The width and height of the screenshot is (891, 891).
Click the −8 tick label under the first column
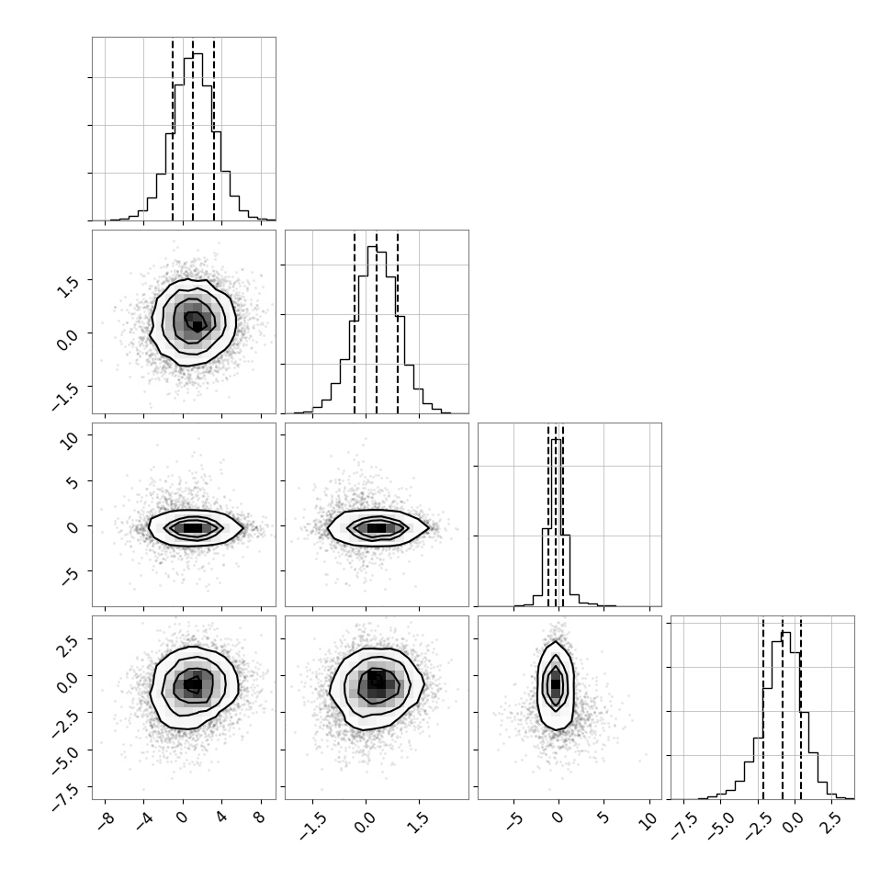click(105, 821)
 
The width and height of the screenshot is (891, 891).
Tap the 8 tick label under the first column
click(261, 818)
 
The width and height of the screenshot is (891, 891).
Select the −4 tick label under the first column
click(144, 821)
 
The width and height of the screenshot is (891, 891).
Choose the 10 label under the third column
click(648, 820)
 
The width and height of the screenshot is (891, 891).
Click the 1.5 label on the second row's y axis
click(67, 287)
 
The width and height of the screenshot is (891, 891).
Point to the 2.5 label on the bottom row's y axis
click(67, 645)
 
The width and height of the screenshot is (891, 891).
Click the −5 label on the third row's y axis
click(68, 577)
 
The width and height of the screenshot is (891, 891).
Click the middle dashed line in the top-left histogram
click(193, 129)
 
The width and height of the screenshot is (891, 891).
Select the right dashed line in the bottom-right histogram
click(801, 707)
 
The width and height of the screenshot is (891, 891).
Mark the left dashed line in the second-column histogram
click(354, 322)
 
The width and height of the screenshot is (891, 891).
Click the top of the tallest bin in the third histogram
click(556, 439)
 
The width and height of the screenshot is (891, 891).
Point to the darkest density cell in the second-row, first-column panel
click(197, 326)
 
